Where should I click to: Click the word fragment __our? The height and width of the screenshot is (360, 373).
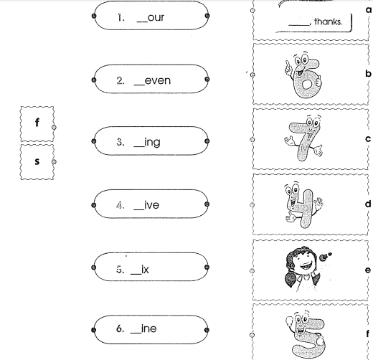coord(151,18)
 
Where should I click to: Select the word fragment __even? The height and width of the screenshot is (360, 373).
coord(152,80)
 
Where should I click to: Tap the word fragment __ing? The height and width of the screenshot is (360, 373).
coord(147,143)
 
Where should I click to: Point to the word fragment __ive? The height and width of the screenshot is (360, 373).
coord(146,205)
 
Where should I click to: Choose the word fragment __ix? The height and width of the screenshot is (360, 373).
coord(140,270)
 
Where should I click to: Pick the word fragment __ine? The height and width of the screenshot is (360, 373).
coord(143,328)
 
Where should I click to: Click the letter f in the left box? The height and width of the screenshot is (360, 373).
coord(37,123)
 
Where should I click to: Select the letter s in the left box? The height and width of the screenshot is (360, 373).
coord(37,161)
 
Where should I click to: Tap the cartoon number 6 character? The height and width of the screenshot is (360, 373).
coord(303,76)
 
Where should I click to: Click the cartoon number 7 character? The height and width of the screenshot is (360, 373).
coord(303,139)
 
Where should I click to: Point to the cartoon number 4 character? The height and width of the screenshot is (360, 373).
coord(303,205)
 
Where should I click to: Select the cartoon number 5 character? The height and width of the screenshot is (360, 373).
coord(306,335)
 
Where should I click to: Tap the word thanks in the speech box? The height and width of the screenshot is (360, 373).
coord(329,22)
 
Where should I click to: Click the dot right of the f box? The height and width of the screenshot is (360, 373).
coord(54,128)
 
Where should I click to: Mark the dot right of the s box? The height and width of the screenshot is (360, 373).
coord(54,162)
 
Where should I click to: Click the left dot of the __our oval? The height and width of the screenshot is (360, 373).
coord(94,16)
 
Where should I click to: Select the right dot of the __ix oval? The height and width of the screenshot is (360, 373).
coord(207,267)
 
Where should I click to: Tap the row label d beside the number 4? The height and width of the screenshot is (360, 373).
coord(368,204)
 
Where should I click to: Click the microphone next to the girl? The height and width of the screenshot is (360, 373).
coord(325,256)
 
